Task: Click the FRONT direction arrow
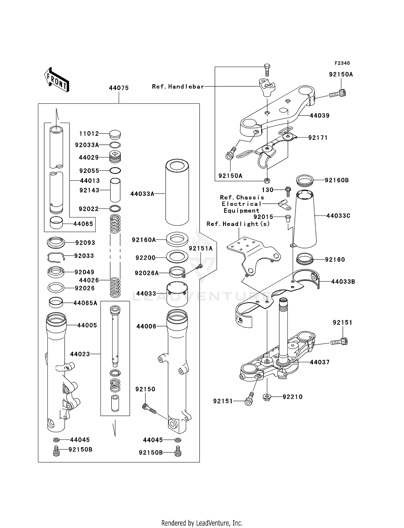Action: [57, 80]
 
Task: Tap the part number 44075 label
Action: [119, 88]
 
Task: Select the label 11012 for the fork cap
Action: [89, 134]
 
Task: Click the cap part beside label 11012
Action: [115, 135]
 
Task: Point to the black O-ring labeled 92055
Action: [115, 171]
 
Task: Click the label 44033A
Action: [142, 194]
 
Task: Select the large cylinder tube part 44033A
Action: [177, 192]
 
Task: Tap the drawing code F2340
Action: [342, 63]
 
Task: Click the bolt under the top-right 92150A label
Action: [338, 94]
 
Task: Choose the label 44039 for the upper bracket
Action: [319, 116]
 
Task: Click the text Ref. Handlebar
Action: [178, 87]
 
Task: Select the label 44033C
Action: [338, 216]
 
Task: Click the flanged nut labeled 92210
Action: [267, 397]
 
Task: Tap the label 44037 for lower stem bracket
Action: [319, 362]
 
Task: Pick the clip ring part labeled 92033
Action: [56, 257]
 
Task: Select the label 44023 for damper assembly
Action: [80, 354]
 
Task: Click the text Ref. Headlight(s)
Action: [238, 224]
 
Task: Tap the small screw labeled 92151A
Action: [199, 266]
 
